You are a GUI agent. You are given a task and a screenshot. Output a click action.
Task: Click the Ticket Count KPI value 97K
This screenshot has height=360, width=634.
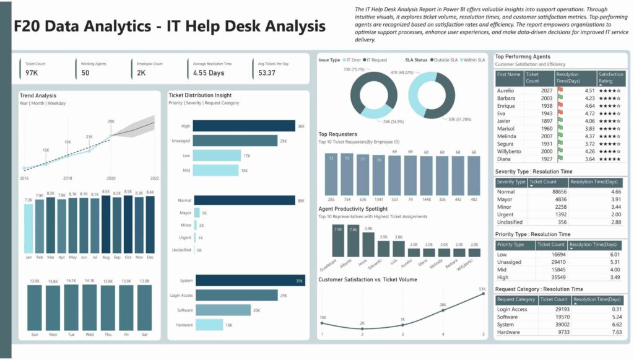coord(32,73)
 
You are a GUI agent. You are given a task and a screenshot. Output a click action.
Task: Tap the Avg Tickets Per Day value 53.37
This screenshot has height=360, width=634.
coord(267,73)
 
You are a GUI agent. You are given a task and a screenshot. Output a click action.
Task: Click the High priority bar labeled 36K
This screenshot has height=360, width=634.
coord(244,126)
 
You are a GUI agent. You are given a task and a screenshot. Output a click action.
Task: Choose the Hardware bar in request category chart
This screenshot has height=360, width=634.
coord(209,325)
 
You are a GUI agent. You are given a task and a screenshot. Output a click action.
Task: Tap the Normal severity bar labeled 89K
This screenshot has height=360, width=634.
coord(244,200)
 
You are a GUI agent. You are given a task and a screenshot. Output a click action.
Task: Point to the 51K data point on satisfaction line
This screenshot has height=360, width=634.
coord(483,294)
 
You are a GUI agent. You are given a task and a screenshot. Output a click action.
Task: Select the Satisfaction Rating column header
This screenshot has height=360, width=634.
coord(611,77)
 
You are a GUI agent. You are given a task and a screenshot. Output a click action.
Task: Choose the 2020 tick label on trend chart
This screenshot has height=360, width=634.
coord(111,178)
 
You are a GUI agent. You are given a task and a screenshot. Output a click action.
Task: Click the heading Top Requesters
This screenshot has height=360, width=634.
coord(338,134)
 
